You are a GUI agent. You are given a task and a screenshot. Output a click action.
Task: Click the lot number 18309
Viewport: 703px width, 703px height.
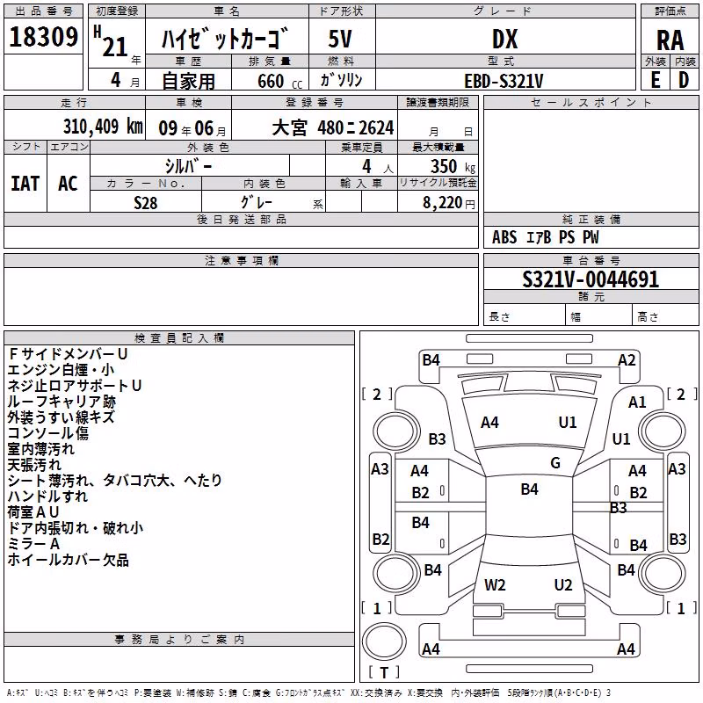[x=43, y=37]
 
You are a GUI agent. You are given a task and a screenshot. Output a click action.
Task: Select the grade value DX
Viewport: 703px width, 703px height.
[x=504, y=40]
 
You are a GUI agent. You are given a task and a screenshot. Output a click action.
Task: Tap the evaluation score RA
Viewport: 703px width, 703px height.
[x=670, y=40]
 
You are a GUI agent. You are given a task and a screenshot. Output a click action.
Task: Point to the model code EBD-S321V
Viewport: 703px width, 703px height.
[x=504, y=81]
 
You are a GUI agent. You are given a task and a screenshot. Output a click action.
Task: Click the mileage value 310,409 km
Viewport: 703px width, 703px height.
[x=103, y=127]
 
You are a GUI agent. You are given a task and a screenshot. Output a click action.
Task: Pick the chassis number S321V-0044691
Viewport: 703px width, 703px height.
[x=591, y=279]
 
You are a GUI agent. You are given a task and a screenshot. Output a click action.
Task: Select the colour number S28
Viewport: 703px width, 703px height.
[x=145, y=203]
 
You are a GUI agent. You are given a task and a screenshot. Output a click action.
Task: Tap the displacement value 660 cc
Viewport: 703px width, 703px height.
[x=279, y=82]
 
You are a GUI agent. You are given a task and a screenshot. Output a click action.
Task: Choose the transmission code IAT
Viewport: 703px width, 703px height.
[x=25, y=184]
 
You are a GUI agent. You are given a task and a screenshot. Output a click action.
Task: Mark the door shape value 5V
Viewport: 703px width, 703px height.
[x=340, y=39]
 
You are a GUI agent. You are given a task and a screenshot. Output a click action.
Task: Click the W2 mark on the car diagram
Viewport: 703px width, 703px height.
[x=495, y=585]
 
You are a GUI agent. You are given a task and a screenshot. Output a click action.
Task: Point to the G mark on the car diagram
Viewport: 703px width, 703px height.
[x=555, y=463]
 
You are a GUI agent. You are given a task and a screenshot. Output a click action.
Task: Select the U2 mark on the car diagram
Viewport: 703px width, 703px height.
[x=563, y=585]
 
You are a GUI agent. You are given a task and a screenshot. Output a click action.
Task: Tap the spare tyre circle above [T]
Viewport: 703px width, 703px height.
[x=384, y=641]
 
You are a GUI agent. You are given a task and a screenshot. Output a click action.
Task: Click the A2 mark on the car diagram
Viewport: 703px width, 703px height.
[x=627, y=360]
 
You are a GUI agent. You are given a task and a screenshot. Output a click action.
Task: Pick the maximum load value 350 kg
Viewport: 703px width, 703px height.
[x=453, y=166]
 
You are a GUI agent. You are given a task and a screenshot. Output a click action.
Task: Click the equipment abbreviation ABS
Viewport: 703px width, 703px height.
[x=504, y=237]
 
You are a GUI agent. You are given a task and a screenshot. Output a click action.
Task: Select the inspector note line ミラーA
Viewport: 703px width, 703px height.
[x=33, y=544]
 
